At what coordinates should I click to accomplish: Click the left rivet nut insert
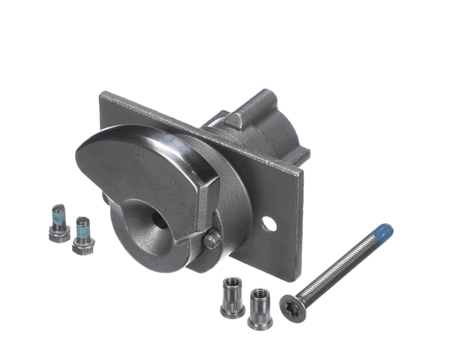point(232,298)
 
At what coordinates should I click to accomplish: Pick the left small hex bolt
point(58,223)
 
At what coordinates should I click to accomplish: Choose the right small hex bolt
point(82,235)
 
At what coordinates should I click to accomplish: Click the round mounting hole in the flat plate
point(268,223)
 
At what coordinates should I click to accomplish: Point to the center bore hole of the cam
point(159,217)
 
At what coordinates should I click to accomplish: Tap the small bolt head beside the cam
point(213,240)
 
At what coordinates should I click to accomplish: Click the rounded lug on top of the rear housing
point(235,118)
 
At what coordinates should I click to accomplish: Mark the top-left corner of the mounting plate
point(103,94)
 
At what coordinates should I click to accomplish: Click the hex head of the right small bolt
point(82,244)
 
